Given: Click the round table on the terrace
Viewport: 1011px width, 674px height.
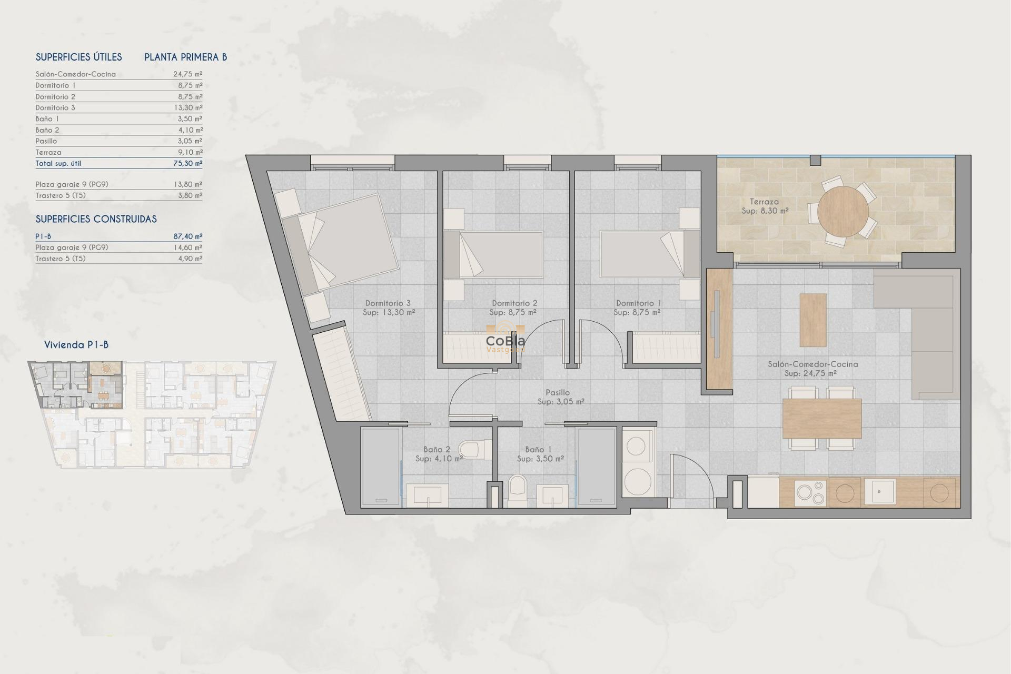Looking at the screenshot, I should [843, 211].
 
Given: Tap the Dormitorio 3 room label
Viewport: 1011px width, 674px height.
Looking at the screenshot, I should [389, 308].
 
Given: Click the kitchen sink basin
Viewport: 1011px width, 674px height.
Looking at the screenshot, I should [879, 492].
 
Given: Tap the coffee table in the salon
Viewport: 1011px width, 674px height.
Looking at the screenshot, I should [812, 320].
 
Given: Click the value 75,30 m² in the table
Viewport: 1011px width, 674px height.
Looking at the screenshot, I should [187, 163].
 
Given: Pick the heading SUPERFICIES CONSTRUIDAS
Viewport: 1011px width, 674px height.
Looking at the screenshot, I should [96, 219].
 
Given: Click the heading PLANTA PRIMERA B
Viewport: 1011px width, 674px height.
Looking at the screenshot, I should [185, 57].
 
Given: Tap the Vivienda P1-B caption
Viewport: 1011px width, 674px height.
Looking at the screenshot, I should [76, 345].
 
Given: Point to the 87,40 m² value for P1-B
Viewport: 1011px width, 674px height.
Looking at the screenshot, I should [187, 236].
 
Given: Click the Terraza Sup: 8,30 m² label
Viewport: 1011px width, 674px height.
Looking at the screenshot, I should [765, 206].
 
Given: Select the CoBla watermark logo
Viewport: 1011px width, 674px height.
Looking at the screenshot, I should [505, 342].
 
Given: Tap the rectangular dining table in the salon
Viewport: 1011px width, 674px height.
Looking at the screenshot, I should [821, 418].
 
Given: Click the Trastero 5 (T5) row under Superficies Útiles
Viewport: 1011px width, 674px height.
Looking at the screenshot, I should [118, 195].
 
